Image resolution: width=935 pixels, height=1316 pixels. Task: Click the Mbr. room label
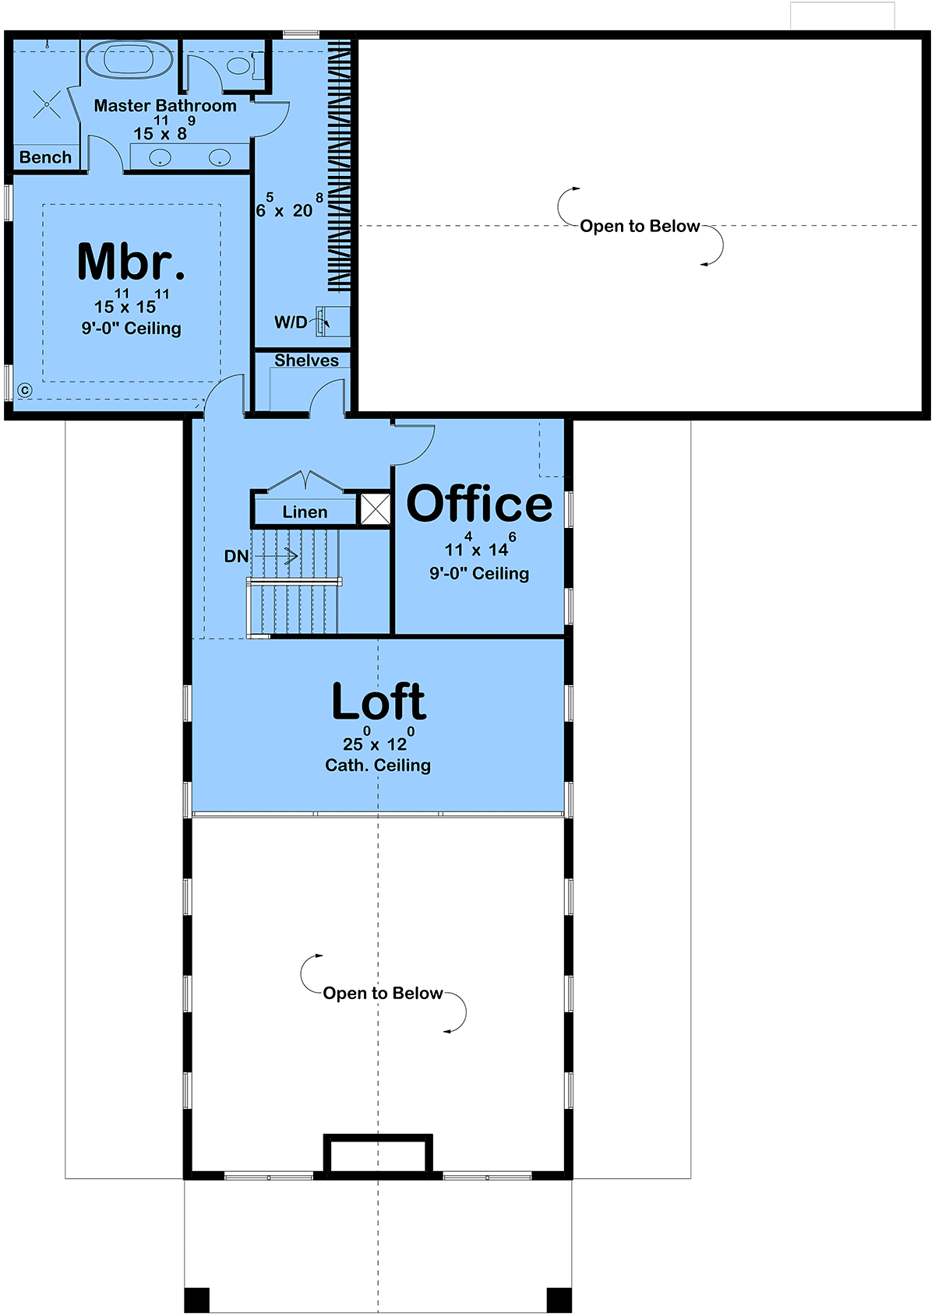[131, 262]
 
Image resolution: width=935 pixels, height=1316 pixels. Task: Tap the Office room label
[479, 504]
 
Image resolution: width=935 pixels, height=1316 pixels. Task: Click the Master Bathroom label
[165, 106]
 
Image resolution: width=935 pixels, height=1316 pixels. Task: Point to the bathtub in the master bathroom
[129, 59]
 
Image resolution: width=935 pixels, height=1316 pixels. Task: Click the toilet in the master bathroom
[243, 65]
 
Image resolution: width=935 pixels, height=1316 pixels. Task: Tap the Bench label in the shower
[45, 157]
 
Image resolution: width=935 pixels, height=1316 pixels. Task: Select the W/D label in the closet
[291, 322]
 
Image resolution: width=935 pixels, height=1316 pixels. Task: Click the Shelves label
[306, 360]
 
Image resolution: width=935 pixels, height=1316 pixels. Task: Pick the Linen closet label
[305, 512]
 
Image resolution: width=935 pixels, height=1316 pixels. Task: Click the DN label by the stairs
[236, 556]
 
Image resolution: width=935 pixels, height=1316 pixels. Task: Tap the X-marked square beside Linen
[375, 508]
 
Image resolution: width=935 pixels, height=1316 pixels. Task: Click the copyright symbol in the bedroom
[25, 390]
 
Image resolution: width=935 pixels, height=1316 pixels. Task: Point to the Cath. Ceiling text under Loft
[378, 765]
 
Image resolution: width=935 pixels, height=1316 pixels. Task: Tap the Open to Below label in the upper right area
[640, 226]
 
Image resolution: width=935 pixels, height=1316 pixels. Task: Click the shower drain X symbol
[47, 105]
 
